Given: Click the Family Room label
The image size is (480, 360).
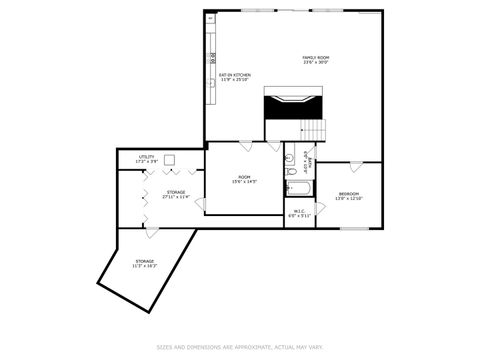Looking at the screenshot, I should pyautogui.click(x=316, y=60).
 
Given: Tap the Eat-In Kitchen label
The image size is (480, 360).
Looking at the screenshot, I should pyautogui.click(x=235, y=77).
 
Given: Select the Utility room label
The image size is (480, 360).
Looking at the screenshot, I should pyautogui.click(x=146, y=159).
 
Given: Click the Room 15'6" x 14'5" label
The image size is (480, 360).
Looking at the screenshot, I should pyautogui.click(x=244, y=179).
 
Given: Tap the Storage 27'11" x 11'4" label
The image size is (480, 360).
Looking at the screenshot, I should pyautogui.click(x=175, y=194).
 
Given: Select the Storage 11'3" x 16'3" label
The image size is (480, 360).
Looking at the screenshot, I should pyautogui.click(x=145, y=264).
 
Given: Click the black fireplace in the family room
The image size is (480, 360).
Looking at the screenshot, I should pyautogui.click(x=293, y=103).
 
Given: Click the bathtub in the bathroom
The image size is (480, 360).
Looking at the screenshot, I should pyautogui.click(x=298, y=187).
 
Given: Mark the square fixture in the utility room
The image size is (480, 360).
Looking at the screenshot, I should pyautogui.click(x=171, y=158).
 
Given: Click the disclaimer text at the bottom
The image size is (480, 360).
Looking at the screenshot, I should pyautogui.click(x=239, y=347).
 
